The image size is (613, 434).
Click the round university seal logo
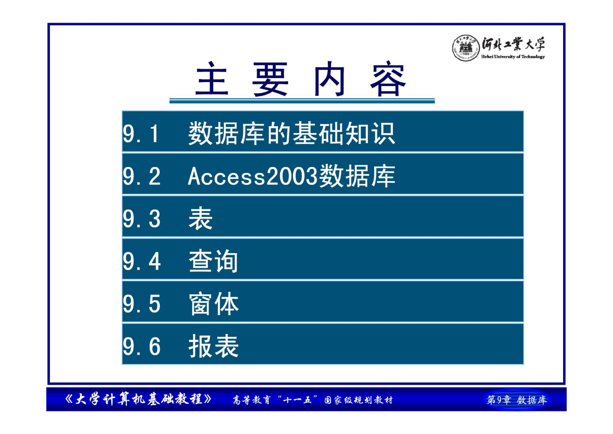(466, 48)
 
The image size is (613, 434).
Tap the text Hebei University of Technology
(513, 57)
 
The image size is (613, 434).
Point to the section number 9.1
(140, 134)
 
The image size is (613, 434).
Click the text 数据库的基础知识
(292, 133)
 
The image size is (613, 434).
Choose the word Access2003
(253, 176)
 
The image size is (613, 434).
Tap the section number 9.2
(142, 176)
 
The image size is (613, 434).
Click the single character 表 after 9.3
(200, 218)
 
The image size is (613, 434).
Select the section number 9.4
(142, 261)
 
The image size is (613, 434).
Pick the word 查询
(213, 261)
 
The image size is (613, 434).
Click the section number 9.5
(142, 304)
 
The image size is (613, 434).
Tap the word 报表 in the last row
(214, 346)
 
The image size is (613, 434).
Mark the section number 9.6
(142, 346)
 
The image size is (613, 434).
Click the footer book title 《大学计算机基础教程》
(138, 399)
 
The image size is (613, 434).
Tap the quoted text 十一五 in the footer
(297, 400)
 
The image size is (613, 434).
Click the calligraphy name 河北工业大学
(513, 44)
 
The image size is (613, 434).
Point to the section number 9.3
(142, 219)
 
